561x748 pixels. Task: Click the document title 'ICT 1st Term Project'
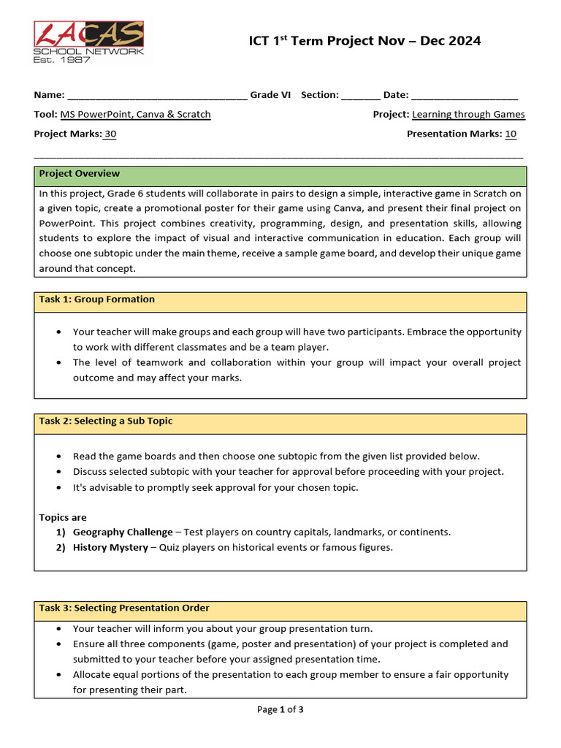click(365, 41)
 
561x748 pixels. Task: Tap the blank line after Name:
click(157, 96)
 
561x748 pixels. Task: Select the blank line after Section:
click(360, 96)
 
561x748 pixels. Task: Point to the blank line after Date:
click(464, 96)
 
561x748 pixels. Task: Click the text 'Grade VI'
click(270, 95)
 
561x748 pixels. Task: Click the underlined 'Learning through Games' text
click(468, 115)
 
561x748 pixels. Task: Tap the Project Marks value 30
click(110, 134)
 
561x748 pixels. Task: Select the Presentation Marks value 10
click(511, 134)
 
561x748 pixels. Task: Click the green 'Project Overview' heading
click(80, 174)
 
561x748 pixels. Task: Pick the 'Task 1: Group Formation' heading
click(97, 299)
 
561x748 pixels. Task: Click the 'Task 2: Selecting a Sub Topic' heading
click(106, 421)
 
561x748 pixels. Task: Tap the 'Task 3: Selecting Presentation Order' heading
click(124, 608)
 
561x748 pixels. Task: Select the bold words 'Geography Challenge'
click(123, 533)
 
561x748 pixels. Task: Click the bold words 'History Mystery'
click(110, 548)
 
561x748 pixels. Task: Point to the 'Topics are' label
click(63, 518)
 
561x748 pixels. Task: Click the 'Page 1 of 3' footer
click(280, 710)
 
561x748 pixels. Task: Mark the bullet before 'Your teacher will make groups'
click(58, 332)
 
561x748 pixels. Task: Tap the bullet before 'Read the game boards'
click(58, 457)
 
